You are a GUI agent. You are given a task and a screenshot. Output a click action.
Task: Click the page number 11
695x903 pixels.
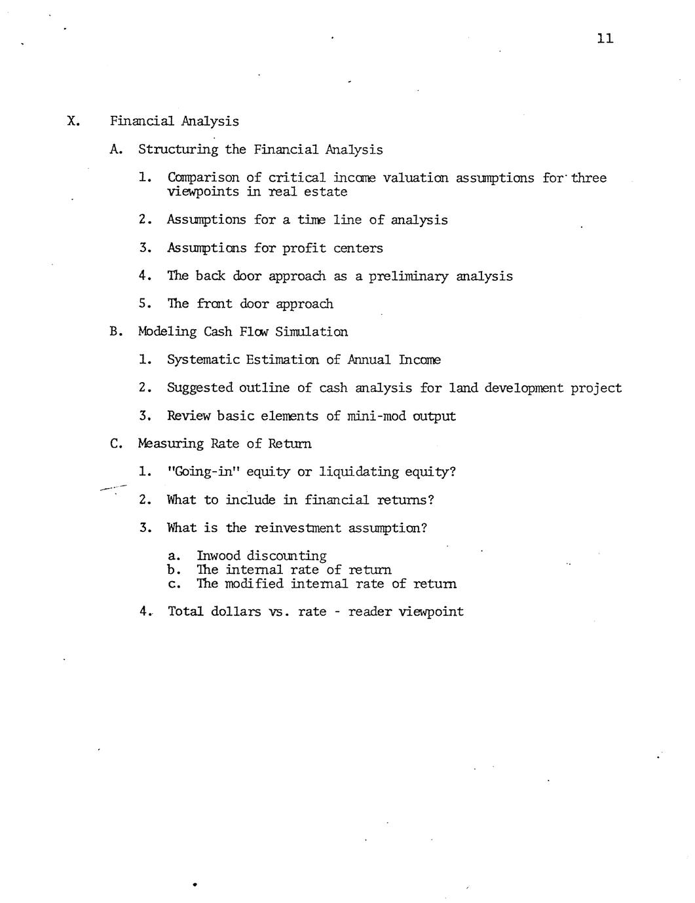tap(605, 39)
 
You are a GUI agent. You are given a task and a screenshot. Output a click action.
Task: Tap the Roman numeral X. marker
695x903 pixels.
tap(73, 121)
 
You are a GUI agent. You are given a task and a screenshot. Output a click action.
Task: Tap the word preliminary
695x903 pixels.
tap(408, 276)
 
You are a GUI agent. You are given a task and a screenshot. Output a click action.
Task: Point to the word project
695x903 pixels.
tap(595, 388)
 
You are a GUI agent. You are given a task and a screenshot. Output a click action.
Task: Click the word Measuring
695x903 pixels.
tap(171, 444)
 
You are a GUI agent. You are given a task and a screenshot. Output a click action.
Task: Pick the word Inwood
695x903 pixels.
tap(218, 556)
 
